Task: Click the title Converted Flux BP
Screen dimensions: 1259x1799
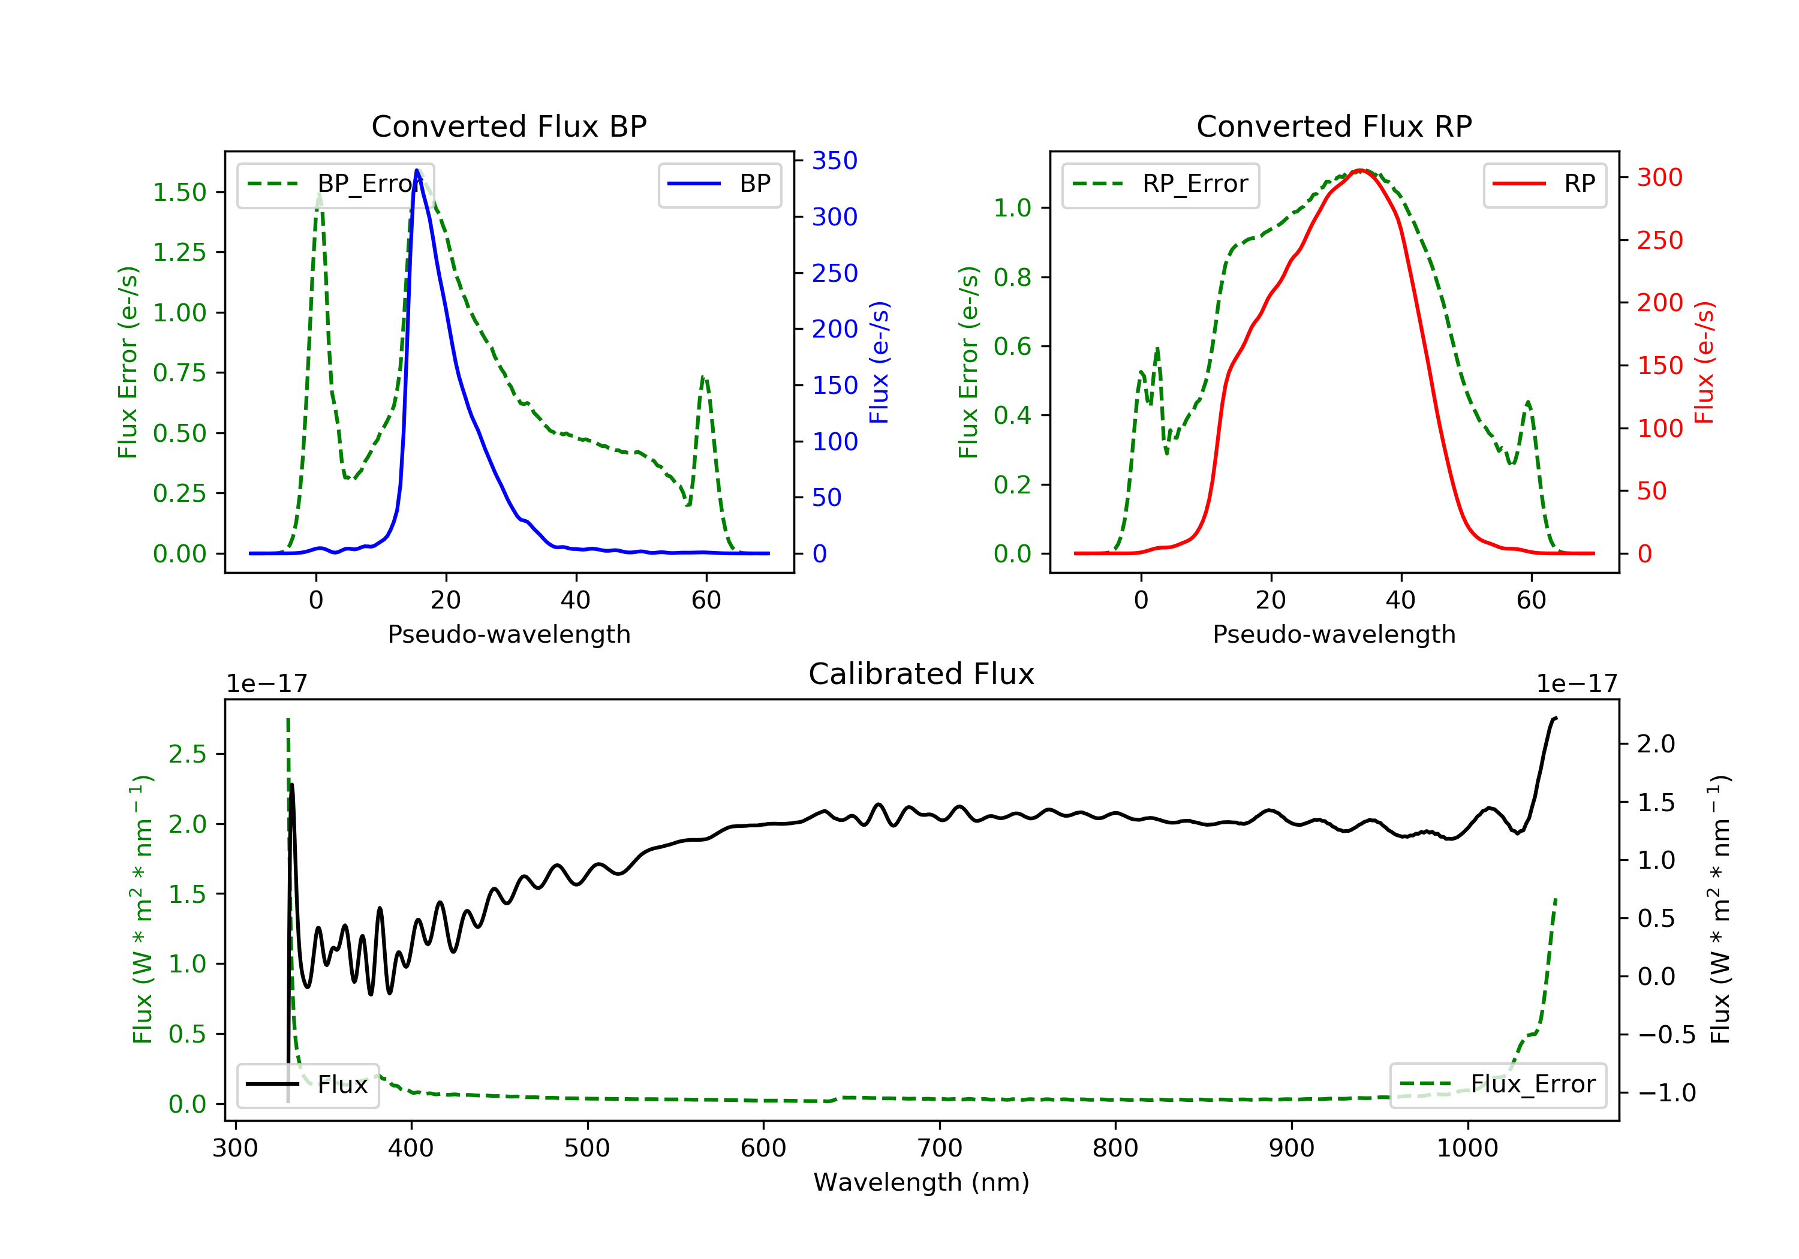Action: pos(509,126)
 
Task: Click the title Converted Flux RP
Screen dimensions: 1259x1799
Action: pos(1334,126)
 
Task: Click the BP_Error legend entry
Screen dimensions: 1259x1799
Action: pos(335,184)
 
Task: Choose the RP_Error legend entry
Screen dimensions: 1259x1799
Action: pos(1160,184)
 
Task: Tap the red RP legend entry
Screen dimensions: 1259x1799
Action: pos(1544,184)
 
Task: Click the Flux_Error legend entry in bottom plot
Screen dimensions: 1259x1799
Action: pos(1497,1085)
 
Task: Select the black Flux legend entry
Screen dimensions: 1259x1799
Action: pos(308,1085)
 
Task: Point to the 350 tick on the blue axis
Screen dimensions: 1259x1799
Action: pos(835,161)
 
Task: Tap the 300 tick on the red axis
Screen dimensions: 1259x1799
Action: pos(1659,178)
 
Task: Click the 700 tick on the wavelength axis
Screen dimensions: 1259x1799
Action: pos(940,1149)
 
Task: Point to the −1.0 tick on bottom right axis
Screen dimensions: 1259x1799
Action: pos(1666,1093)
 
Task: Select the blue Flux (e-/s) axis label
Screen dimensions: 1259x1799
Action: pos(879,363)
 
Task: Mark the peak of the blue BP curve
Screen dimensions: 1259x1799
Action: pos(417,170)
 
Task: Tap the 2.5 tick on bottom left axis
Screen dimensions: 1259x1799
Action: pos(187,754)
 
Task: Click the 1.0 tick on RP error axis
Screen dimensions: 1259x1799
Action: pos(1012,209)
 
